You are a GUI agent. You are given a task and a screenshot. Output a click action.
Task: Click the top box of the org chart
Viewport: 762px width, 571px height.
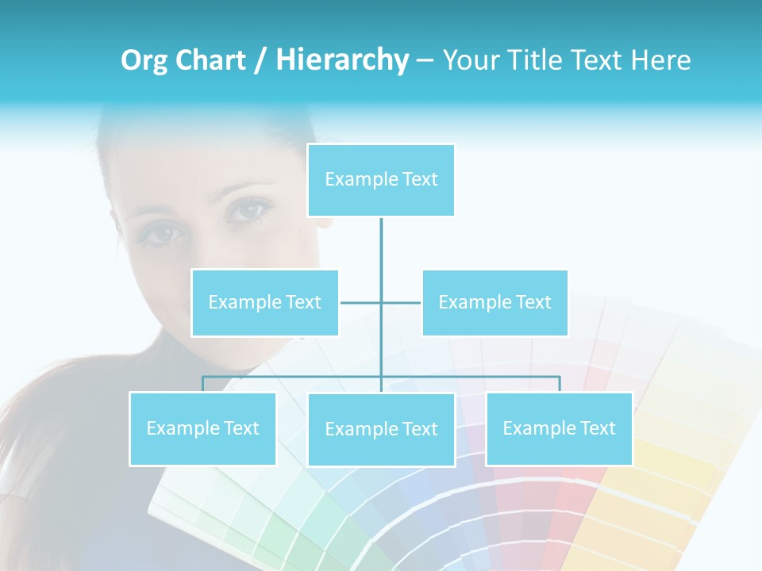[x=381, y=180]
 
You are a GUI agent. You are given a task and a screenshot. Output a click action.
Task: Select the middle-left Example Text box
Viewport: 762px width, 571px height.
[x=264, y=302]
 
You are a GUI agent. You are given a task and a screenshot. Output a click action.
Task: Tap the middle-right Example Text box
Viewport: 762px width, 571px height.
[x=495, y=302]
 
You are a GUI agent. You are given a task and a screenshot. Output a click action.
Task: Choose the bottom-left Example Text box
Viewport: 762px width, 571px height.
[x=202, y=428]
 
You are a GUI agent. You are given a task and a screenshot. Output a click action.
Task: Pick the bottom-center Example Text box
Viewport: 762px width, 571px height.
[x=381, y=429]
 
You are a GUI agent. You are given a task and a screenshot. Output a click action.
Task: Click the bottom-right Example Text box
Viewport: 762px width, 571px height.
[x=559, y=428]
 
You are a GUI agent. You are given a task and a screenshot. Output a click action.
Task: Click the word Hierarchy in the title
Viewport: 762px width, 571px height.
[x=342, y=59]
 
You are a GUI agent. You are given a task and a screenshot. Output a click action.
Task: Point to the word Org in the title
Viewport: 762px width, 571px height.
[x=144, y=59]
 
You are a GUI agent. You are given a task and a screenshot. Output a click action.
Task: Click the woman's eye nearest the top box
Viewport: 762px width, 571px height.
[x=249, y=210]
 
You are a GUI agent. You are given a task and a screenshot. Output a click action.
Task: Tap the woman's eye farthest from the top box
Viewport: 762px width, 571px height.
[x=164, y=235]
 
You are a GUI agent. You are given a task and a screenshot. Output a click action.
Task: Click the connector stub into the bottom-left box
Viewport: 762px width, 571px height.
[x=202, y=384]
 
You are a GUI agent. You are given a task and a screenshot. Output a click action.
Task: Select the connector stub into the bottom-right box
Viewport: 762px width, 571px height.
[x=560, y=384]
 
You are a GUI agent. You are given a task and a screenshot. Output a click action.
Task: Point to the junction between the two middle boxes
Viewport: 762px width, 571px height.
[x=381, y=302]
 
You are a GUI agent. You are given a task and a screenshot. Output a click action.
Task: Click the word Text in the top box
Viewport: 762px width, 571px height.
[x=420, y=179]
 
